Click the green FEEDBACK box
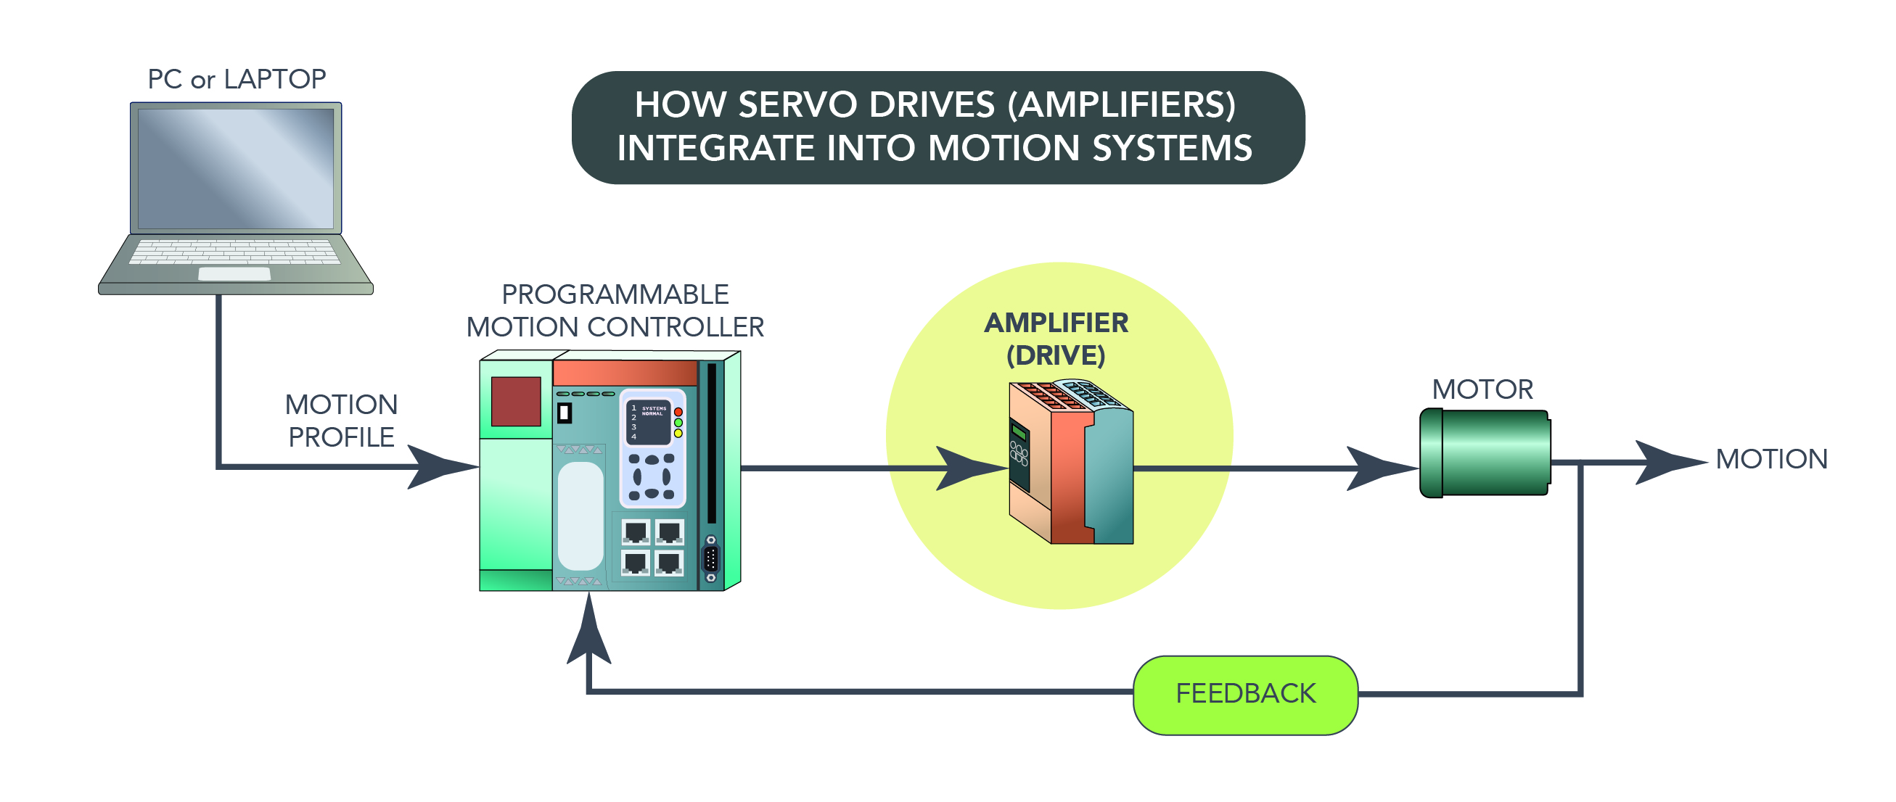tap(1244, 695)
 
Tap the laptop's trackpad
tap(234, 273)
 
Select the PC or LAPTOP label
tap(237, 80)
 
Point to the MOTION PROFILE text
tap(341, 421)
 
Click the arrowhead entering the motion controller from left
tap(442, 466)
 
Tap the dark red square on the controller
tap(515, 401)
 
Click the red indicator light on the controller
tap(678, 412)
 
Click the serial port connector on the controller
tap(710, 558)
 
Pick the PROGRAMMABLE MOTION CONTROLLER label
tap(615, 311)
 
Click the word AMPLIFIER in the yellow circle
tap(1056, 323)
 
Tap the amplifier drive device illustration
tap(1071, 463)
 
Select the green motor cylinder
tap(1485, 453)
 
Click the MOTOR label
tap(1482, 389)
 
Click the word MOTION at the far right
tap(1771, 459)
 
